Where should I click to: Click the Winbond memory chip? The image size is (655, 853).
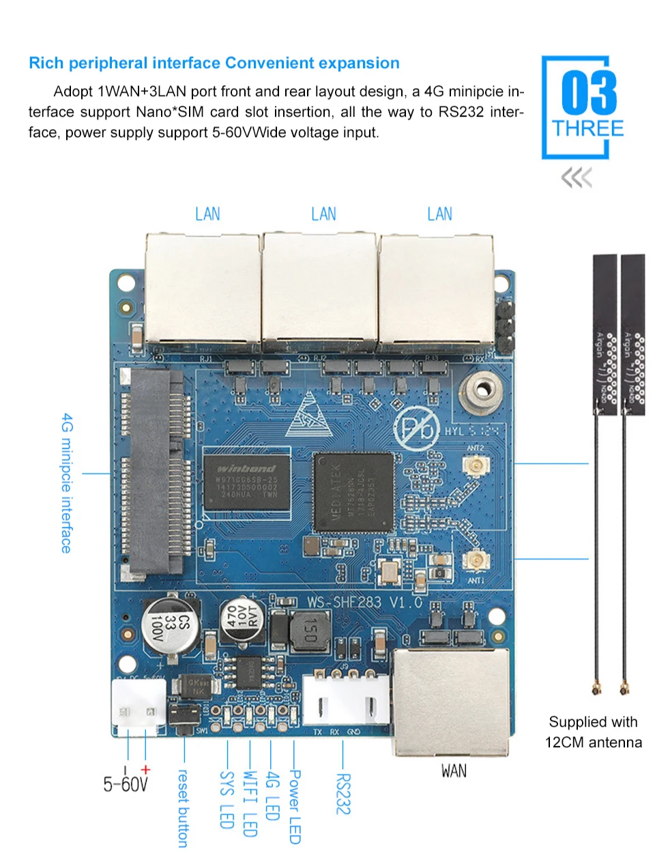(247, 481)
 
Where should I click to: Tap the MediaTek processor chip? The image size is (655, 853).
(353, 492)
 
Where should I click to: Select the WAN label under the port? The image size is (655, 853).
(454, 771)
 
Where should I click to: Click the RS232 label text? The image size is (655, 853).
(343, 794)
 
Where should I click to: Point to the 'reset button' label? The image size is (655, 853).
(183, 808)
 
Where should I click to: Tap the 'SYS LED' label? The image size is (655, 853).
(227, 799)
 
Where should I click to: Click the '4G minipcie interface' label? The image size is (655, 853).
(67, 482)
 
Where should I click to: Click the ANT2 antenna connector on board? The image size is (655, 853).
(474, 466)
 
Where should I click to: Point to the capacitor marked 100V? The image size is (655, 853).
(170, 624)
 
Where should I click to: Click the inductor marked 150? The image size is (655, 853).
(310, 631)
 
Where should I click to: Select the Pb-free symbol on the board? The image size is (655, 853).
(416, 429)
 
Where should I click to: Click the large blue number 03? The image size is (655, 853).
(588, 93)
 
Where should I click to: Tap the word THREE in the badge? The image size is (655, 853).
(587, 129)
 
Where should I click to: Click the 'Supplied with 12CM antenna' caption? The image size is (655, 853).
(593, 732)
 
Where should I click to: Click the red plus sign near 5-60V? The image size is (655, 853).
(145, 770)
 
